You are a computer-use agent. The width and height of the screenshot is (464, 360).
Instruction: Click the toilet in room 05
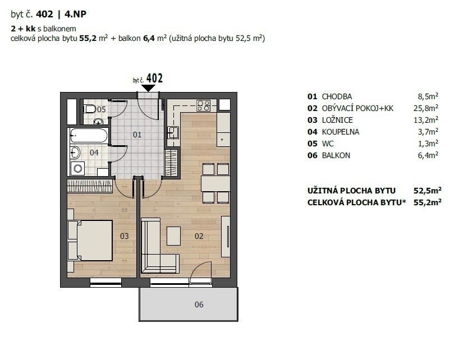[89, 109]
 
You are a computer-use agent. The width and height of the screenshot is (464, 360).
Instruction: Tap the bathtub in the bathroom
[89, 136]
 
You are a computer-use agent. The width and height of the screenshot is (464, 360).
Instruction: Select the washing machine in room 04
[77, 168]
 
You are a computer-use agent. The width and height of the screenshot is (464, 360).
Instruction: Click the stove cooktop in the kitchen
[204, 105]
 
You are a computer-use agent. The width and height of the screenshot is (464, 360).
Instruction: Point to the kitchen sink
[173, 132]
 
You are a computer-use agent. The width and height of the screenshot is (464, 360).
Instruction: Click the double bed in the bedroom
[90, 240]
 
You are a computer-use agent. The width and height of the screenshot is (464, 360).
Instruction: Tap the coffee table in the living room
[174, 236]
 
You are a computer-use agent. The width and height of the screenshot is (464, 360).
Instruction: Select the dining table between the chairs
[215, 183]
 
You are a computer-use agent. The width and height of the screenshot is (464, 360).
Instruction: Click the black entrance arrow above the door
[148, 88]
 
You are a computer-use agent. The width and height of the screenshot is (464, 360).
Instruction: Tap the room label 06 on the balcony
[199, 304]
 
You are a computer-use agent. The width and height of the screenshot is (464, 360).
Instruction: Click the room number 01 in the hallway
[137, 135]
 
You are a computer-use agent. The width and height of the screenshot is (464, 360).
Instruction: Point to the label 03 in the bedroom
[125, 236]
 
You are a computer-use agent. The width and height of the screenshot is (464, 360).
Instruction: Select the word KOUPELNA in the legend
[341, 132]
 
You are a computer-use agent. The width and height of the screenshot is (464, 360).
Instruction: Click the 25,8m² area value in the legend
[426, 108]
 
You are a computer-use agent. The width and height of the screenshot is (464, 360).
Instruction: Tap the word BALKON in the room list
[336, 155]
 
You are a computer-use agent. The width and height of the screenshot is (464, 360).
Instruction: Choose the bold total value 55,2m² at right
[428, 202]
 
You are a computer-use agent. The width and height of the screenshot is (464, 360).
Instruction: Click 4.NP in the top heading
[75, 14]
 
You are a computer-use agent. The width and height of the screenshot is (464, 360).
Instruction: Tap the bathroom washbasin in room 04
[75, 153]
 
